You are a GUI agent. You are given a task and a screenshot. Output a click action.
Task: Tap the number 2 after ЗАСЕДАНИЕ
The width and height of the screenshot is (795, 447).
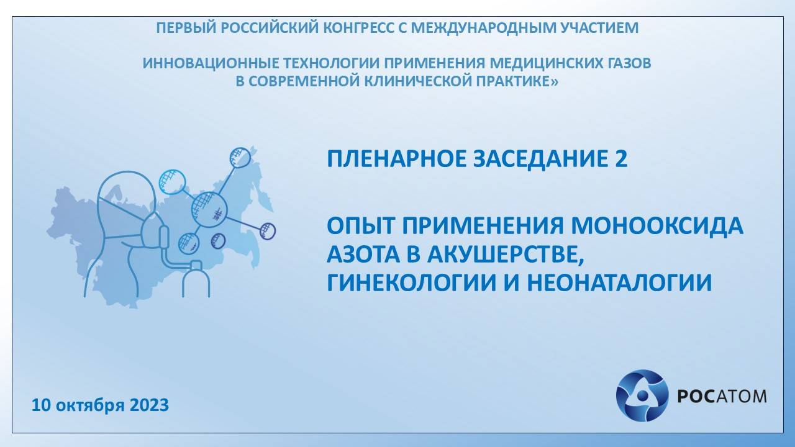[620, 160]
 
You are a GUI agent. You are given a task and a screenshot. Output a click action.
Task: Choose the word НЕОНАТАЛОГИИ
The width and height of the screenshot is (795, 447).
[619, 283]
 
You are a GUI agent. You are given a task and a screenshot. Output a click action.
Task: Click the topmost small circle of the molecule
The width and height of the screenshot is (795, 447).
[240, 158]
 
